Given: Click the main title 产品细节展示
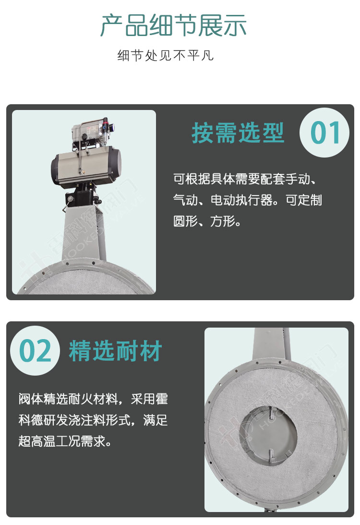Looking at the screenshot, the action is click(x=174, y=25).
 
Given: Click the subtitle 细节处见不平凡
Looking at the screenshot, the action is click(x=166, y=55).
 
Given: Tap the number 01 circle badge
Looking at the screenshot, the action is click(x=324, y=133).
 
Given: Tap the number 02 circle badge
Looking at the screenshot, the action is click(x=35, y=351).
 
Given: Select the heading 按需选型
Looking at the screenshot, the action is click(x=238, y=133).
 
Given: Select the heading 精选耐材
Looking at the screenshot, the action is click(x=115, y=351).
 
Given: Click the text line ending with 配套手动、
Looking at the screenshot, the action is click(x=245, y=179).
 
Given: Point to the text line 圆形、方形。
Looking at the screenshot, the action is click(x=207, y=221).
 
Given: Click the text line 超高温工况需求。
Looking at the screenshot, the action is click(x=65, y=441).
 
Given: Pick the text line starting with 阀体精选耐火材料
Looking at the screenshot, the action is click(x=93, y=399).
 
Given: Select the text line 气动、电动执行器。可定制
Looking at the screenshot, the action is click(x=248, y=200).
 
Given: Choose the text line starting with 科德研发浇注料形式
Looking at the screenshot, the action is click(x=93, y=420).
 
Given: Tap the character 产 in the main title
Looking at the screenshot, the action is click(x=112, y=25).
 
